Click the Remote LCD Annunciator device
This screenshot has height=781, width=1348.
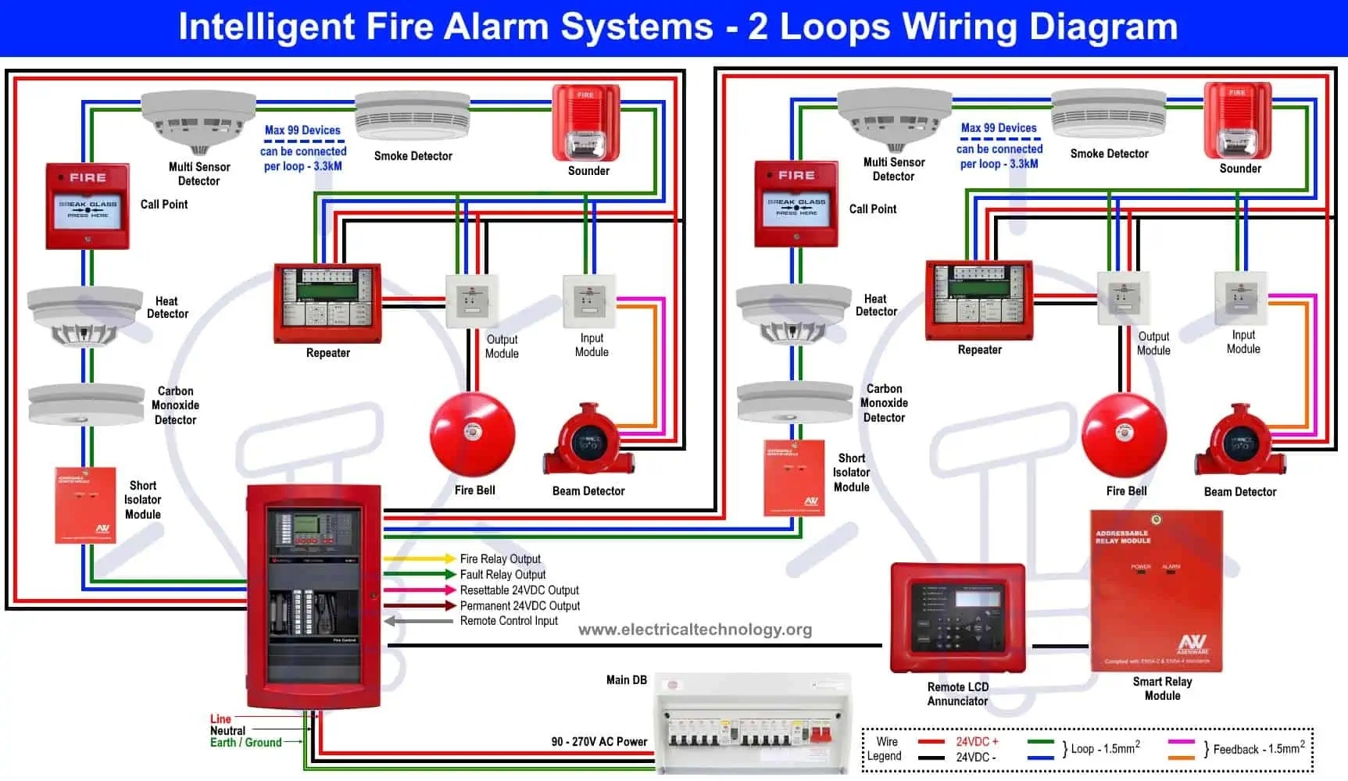pos(957,618)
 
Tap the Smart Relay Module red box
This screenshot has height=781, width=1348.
pos(1156,591)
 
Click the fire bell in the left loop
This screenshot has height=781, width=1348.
pos(472,435)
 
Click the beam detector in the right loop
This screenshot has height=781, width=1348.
pos(1239,441)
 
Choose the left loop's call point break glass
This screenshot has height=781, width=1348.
pos(88,206)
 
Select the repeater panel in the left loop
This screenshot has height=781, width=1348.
pos(327,303)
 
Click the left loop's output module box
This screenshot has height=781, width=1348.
pos(472,301)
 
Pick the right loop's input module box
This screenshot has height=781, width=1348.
pos(1240,298)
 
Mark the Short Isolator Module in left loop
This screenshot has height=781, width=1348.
pos(85,505)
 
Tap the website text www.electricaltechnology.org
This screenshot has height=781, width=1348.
pos(695,629)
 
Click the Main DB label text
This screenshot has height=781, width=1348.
pos(626,680)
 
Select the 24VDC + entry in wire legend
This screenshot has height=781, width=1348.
pos(977,741)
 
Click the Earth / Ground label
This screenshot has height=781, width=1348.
pos(245,743)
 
